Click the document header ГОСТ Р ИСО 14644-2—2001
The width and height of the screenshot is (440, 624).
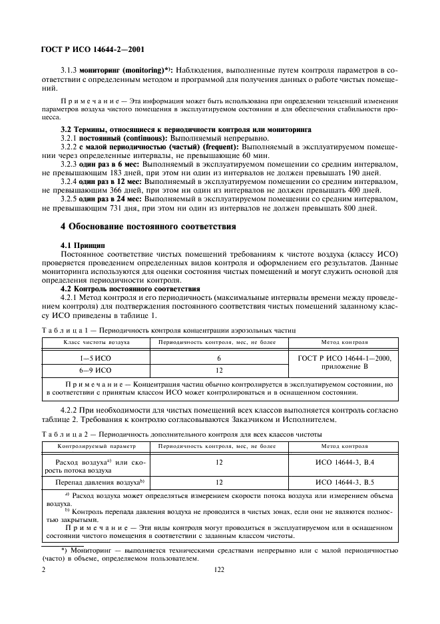[x=93, y=49]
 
